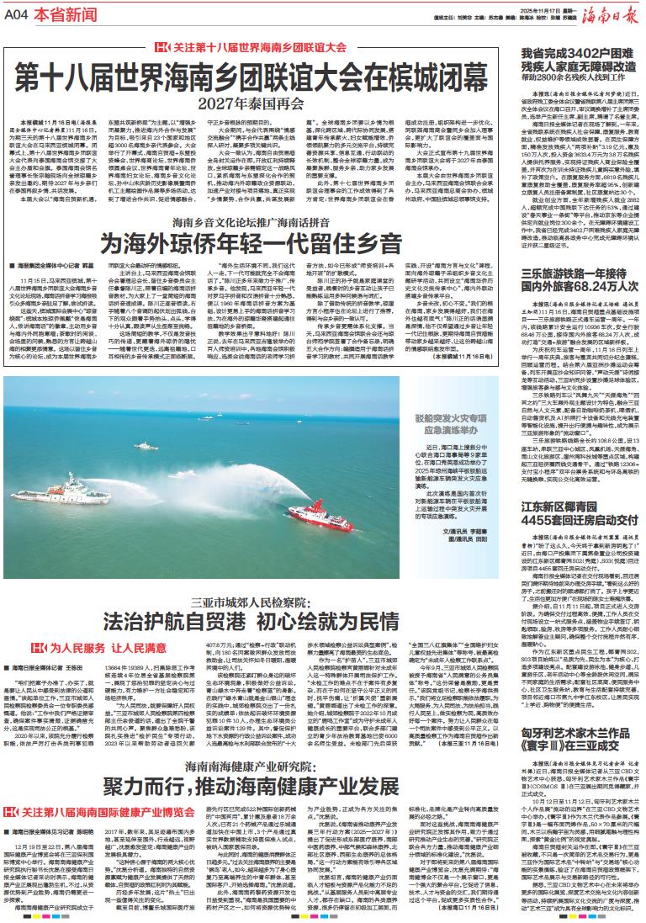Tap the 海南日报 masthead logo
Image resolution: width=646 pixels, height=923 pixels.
[x=612, y=14]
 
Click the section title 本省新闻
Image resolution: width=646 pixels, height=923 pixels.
[x=60, y=16]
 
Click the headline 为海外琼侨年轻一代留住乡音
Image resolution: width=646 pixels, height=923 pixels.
[x=252, y=246]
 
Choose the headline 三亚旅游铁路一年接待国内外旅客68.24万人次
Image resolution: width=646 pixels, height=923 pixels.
[x=576, y=280]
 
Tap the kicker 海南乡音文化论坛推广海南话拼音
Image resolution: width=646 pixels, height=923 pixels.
[x=252, y=225]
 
